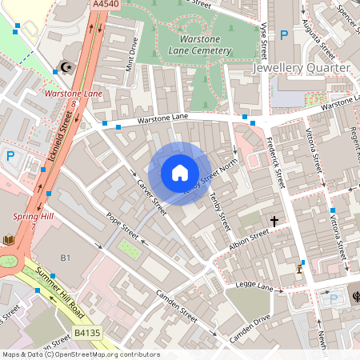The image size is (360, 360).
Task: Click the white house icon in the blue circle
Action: coord(180,173)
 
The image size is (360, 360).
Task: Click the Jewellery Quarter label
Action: coord(301,68)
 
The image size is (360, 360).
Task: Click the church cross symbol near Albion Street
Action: coord(274,221)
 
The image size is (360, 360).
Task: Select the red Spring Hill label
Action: coord(32,217)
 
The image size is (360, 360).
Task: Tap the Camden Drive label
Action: coord(250,328)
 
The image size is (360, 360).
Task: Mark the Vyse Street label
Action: coord(262,40)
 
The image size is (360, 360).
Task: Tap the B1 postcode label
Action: coord(66,258)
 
